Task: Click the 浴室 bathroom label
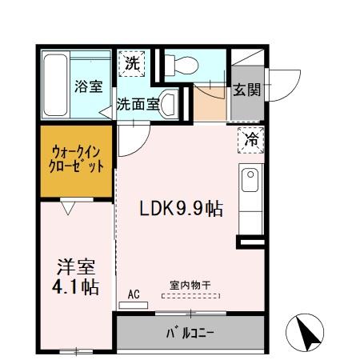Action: click(x=89, y=86)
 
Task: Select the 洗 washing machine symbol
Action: click(x=133, y=64)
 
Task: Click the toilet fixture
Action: click(x=180, y=64)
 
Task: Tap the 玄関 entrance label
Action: click(x=246, y=90)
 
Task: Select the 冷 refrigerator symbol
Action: click(x=250, y=139)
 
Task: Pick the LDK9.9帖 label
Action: click(x=182, y=209)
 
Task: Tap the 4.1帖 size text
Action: click(x=78, y=287)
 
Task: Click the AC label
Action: click(x=134, y=295)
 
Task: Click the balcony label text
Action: click(x=190, y=331)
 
